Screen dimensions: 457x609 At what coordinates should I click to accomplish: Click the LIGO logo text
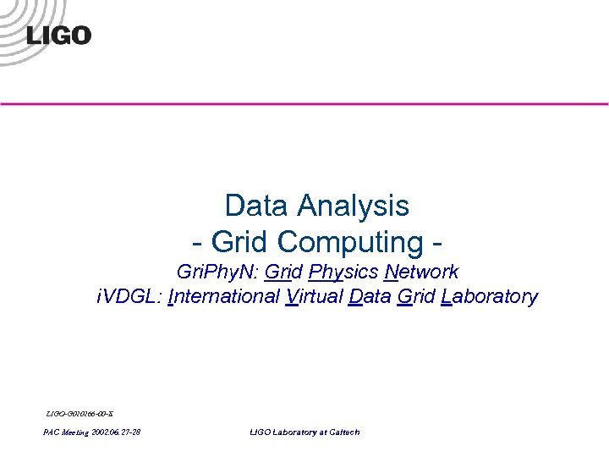coord(58,35)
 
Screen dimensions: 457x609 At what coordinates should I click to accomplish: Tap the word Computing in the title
coord(349,242)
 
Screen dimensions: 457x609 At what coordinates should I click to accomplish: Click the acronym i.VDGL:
coord(128,297)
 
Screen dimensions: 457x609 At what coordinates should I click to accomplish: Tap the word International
coord(224,297)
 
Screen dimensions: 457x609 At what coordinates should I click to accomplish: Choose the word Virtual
coord(314,297)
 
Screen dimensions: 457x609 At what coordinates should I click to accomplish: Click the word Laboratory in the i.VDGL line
coord(489,297)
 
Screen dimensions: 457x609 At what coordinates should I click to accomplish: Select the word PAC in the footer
coord(52,432)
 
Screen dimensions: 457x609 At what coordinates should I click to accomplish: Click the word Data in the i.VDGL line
coord(369,297)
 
